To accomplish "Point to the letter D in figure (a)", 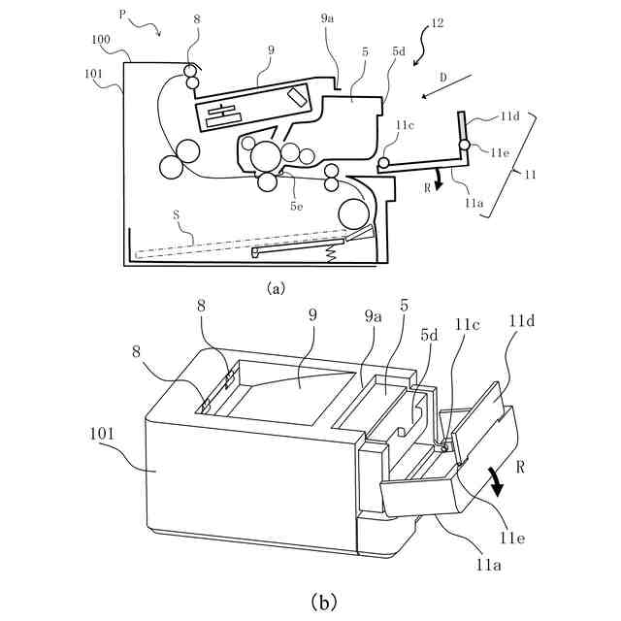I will click(443, 75).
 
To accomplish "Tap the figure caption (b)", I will click(323, 602).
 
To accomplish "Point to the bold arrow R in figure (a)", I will click(439, 179).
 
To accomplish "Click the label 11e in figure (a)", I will click(500, 151).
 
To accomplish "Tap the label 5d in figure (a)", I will click(399, 50).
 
